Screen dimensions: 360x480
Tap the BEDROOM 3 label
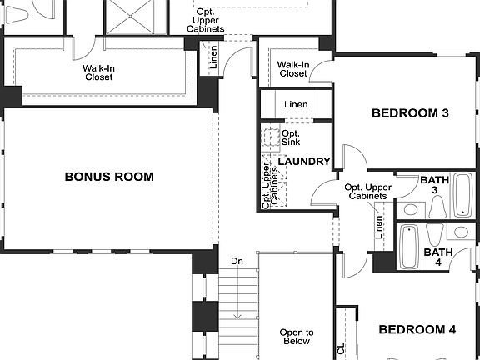pos(404,112)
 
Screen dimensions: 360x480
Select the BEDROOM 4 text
pos(417,330)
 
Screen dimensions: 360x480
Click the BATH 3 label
pos(434,185)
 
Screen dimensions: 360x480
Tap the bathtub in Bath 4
pos(408,247)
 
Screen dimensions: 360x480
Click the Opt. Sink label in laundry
pos(291,138)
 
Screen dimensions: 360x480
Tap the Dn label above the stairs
pos(237,262)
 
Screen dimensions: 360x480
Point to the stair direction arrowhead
pos(237,315)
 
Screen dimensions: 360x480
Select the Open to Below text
pos(296,337)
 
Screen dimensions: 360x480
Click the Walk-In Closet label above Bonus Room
pos(97,72)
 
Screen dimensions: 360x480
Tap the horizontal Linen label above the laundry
pos(295,105)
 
